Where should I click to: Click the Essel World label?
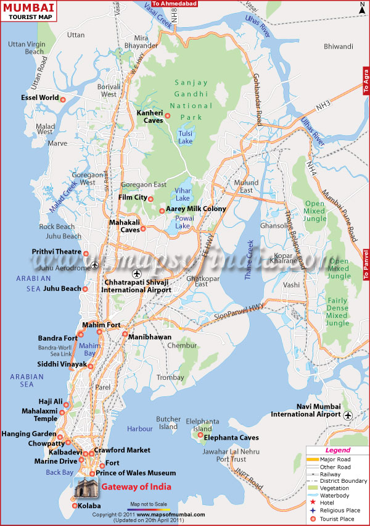(x=38, y=98)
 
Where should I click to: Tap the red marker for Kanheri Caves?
(x=167, y=115)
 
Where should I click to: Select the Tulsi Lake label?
(x=185, y=136)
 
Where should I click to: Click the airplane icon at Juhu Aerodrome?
(x=94, y=265)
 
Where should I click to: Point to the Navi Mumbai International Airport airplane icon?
(x=348, y=415)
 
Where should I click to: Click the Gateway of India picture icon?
(x=86, y=488)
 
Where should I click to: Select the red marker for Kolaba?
(x=75, y=506)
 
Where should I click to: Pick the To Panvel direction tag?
(x=366, y=263)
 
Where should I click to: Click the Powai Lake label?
(x=183, y=226)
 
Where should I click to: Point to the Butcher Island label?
(x=168, y=422)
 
